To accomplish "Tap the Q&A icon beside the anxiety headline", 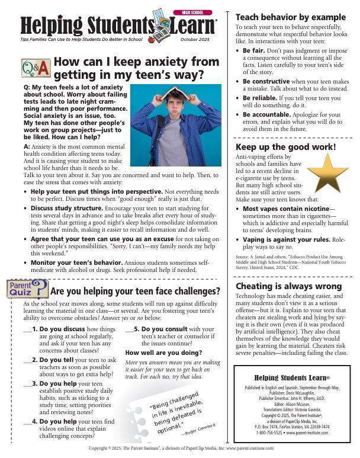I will pyautogui.click(x=35, y=69).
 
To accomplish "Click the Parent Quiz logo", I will pyautogui.click(x=27, y=289).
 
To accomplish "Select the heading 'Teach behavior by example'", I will pyautogui.click(x=291, y=17).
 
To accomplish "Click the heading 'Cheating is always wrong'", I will pyautogui.click(x=288, y=286).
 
